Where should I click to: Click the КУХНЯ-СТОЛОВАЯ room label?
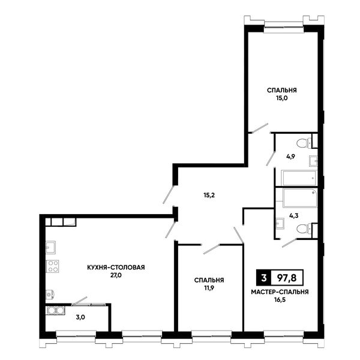[x=116, y=268]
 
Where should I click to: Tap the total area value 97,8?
[x=287, y=278]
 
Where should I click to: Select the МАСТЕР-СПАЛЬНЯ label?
[x=280, y=292]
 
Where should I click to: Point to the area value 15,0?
[x=282, y=98]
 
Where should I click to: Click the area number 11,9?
[x=209, y=288]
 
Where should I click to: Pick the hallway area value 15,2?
[x=209, y=196]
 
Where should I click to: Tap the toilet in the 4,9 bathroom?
[x=304, y=143]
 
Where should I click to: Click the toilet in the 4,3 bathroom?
[x=304, y=229]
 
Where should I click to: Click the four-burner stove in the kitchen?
[x=53, y=266]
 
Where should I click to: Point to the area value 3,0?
[x=80, y=317]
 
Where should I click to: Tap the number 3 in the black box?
[x=264, y=278]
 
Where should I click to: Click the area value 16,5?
[x=280, y=300]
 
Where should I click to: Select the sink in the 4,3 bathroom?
[x=280, y=223]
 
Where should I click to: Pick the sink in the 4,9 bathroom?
[x=313, y=161]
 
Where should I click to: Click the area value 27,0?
[x=116, y=275]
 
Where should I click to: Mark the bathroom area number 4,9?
[x=290, y=157]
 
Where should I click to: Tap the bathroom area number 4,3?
[x=294, y=215]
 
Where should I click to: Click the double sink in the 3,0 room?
[x=56, y=311]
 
